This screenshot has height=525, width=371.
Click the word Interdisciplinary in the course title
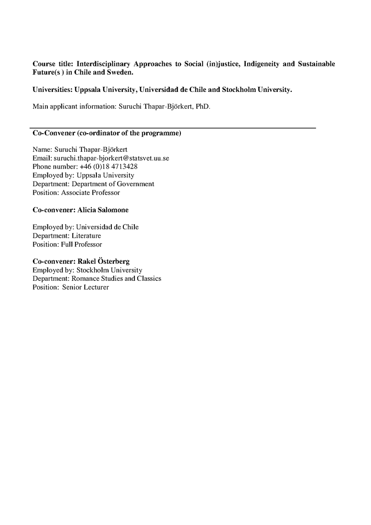tap(101, 64)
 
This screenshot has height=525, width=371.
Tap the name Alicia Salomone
tap(103, 210)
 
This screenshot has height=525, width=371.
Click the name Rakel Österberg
tap(103, 262)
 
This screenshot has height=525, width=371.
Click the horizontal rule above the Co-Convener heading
tap(173, 128)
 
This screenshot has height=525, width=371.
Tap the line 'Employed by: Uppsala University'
tap(83, 175)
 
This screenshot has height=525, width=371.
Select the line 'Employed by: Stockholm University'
tap(87, 270)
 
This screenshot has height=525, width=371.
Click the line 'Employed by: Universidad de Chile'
tap(85, 227)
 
